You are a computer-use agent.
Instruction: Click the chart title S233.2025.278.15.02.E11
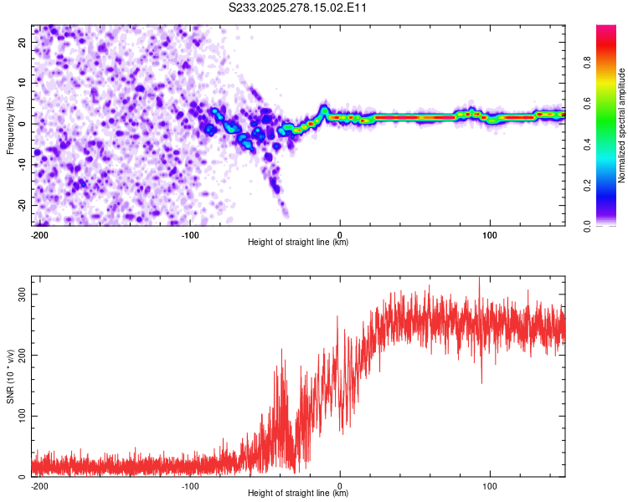[x=298, y=8]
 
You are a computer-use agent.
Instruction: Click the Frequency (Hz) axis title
[x=10, y=125]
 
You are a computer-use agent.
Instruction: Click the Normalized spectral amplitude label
[x=622, y=125]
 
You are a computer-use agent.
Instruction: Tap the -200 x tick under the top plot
[x=39, y=235]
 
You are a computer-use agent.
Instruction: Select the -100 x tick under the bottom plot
[x=189, y=485]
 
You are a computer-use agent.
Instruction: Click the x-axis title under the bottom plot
[x=298, y=494]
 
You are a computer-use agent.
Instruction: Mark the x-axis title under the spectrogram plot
[x=298, y=243]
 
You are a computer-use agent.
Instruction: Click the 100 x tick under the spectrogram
[x=490, y=235]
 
